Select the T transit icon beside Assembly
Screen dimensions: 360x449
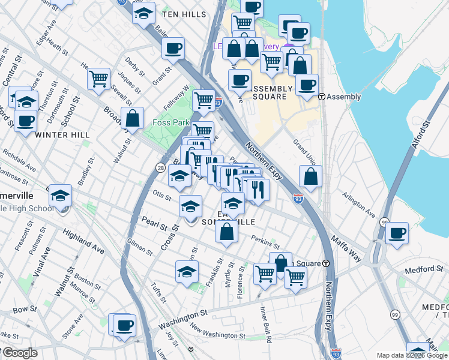point(322,97)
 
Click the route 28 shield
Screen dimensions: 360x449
point(160,167)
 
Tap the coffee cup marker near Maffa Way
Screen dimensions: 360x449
point(397,233)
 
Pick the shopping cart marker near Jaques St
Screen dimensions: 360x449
point(99,78)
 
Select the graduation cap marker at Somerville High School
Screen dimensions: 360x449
point(60,196)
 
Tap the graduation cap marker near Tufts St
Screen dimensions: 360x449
point(187,271)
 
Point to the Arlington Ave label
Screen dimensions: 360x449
point(359,205)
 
